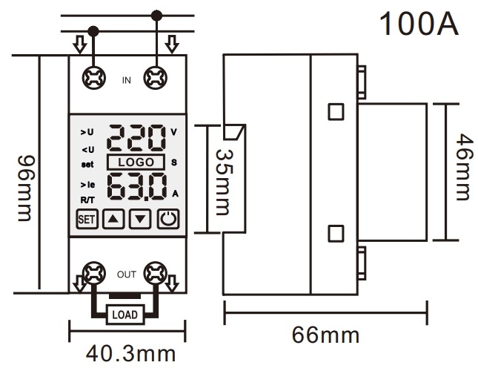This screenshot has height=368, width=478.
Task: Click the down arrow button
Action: [x=141, y=220]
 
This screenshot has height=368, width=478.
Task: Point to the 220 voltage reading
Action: [x=137, y=138]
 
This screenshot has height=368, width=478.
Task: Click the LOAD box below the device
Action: [x=124, y=313]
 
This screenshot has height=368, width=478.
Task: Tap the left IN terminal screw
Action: [x=94, y=76]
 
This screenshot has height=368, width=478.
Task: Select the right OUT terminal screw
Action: [x=155, y=275]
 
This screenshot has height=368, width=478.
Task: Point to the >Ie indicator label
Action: [x=87, y=184]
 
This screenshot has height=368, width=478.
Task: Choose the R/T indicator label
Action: [x=87, y=200]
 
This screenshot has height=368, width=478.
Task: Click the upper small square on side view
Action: [x=336, y=112]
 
